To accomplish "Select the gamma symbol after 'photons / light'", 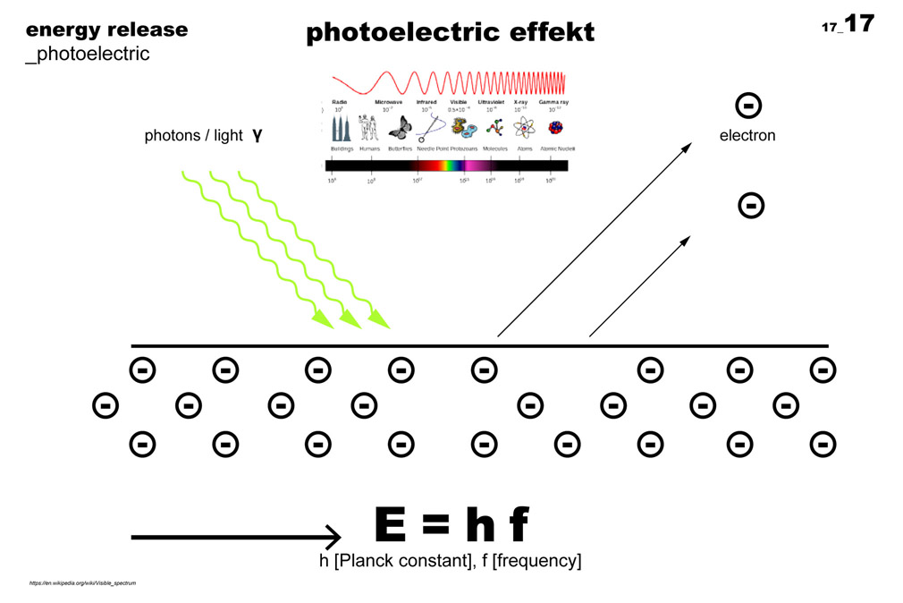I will [x=257, y=136].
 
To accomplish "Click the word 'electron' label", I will [x=747, y=136].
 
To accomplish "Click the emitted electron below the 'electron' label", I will [x=751, y=206].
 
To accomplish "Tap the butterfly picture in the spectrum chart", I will [x=399, y=127].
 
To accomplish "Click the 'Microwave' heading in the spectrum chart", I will [x=388, y=103].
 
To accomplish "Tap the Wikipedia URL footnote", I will [x=82, y=583].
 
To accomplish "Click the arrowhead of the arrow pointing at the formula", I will [x=332, y=537].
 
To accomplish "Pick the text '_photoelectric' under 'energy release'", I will [x=88, y=54].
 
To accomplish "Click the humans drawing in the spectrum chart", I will [x=368, y=128].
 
